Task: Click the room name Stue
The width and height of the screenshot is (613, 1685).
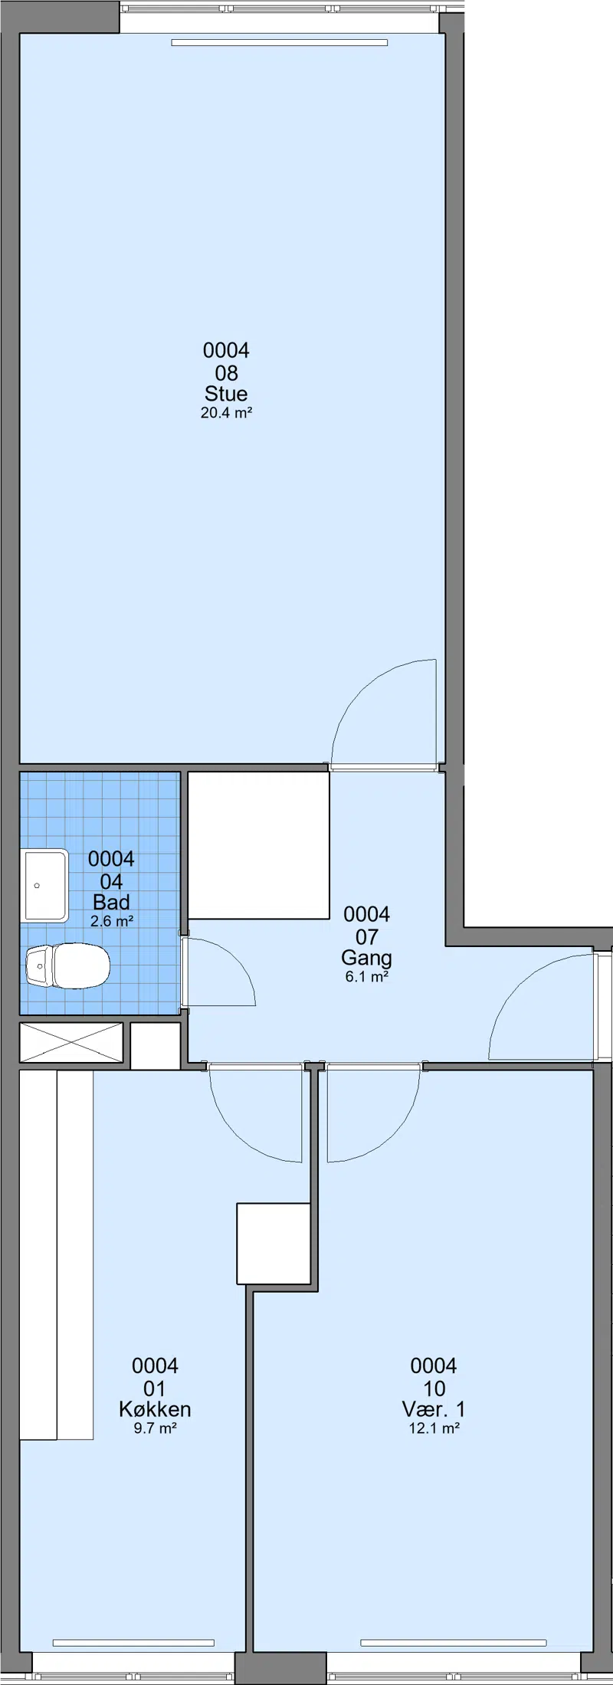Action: [x=226, y=394]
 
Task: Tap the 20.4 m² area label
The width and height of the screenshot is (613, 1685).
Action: [x=227, y=413]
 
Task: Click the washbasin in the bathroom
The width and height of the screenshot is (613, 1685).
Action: [x=47, y=886]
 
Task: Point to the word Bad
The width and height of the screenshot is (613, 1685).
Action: [x=111, y=902]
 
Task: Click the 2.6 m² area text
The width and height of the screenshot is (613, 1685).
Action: [x=112, y=921]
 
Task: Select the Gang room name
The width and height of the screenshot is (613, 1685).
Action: [x=366, y=958]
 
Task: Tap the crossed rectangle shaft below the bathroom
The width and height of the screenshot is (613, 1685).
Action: [x=71, y=1043]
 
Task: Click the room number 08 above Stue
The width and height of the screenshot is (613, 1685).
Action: [x=227, y=373]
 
